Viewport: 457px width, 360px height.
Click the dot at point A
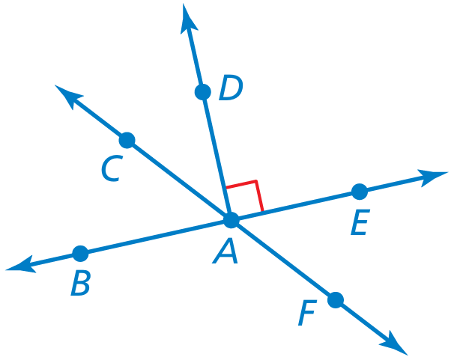[x=231, y=220]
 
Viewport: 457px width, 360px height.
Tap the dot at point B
[x=80, y=254]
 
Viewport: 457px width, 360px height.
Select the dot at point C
[x=127, y=140]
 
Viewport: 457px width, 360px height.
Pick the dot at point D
[x=202, y=92]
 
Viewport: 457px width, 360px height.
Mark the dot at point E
[x=360, y=192]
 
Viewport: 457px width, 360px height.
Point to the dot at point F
[x=336, y=300]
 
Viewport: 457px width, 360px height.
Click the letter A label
[x=226, y=251]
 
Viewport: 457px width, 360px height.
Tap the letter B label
[x=80, y=283]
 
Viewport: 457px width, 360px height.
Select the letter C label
[x=112, y=168]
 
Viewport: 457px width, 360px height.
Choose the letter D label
[x=231, y=88]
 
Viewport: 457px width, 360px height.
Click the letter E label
[x=360, y=222]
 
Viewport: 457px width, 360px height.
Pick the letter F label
[x=307, y=313]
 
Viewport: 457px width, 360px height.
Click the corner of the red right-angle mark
[x=256, y=181]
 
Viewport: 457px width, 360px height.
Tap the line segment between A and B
[x=156, y=237]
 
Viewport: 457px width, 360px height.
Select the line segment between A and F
[x=283, y=260]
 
